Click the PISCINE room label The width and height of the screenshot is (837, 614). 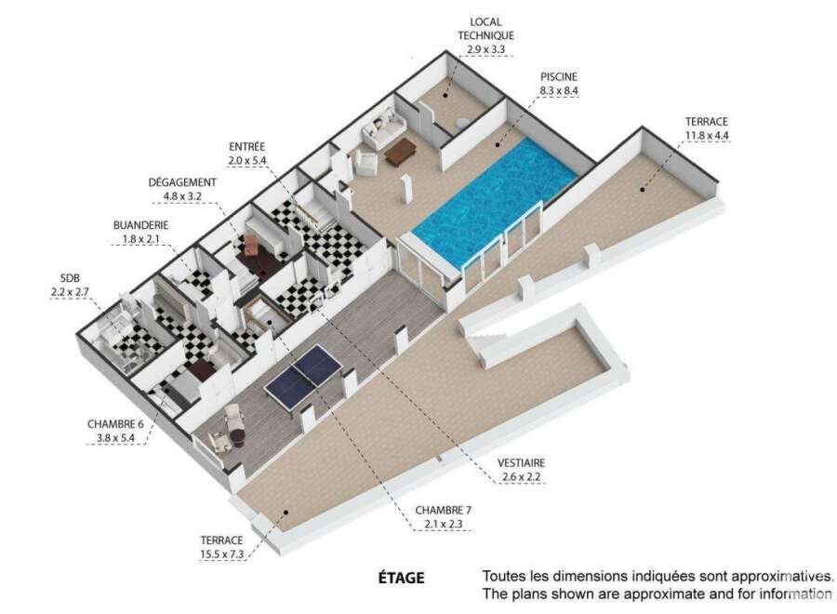click(558, 77)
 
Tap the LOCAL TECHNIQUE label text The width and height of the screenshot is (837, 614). click(485, 29)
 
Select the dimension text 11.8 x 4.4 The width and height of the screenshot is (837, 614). click(707, 135)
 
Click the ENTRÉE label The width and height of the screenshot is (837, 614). click(246, 146)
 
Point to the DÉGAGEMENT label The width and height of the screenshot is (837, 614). click(182, 182)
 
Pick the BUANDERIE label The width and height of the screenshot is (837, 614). click(141, 225)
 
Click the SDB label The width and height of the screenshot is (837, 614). click(70, 278)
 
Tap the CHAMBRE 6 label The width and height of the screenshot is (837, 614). click(115, 424)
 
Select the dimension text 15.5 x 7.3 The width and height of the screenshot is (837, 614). click(221, 554)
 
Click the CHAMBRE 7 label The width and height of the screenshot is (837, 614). click(443, 511)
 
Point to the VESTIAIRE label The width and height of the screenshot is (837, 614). click(521, 463)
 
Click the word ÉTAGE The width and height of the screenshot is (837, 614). click(402, 578)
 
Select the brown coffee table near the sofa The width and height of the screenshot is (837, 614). click(400, 151)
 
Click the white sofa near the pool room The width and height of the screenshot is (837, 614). click(384, 128)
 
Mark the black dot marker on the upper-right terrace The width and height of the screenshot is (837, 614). click(643, 189)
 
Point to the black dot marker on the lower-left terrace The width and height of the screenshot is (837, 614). click(286, 512)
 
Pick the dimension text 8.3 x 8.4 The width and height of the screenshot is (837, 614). click(559, 91)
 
